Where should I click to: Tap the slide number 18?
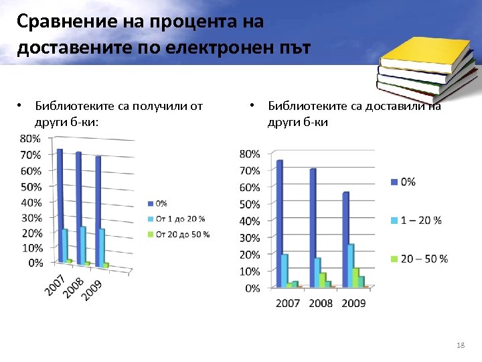[459, 345]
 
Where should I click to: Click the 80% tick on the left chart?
[31, 139]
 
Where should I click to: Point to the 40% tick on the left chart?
[31, 202]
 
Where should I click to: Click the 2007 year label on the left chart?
[55, 284]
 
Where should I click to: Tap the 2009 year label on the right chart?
[354, 303]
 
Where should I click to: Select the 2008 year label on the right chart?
[321, 303]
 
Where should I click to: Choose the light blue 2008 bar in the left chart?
[83, 245]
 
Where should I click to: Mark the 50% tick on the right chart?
[250, 204]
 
